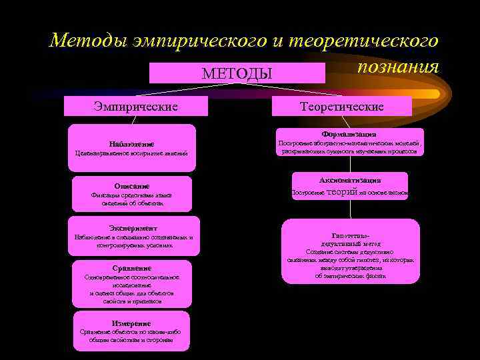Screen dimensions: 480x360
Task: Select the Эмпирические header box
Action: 135,106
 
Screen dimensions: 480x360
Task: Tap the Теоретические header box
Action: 342,106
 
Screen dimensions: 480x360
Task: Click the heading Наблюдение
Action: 131,144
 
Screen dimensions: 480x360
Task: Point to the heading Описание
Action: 131,186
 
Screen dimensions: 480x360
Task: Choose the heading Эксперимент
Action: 133,227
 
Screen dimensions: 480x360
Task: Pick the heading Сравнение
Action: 131,268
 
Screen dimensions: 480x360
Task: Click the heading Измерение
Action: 131,323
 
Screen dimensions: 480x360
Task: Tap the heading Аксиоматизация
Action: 349,180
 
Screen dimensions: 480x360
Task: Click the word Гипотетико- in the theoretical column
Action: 350,236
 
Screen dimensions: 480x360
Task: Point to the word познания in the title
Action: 397,67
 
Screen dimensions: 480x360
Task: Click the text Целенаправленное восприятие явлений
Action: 131,154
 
